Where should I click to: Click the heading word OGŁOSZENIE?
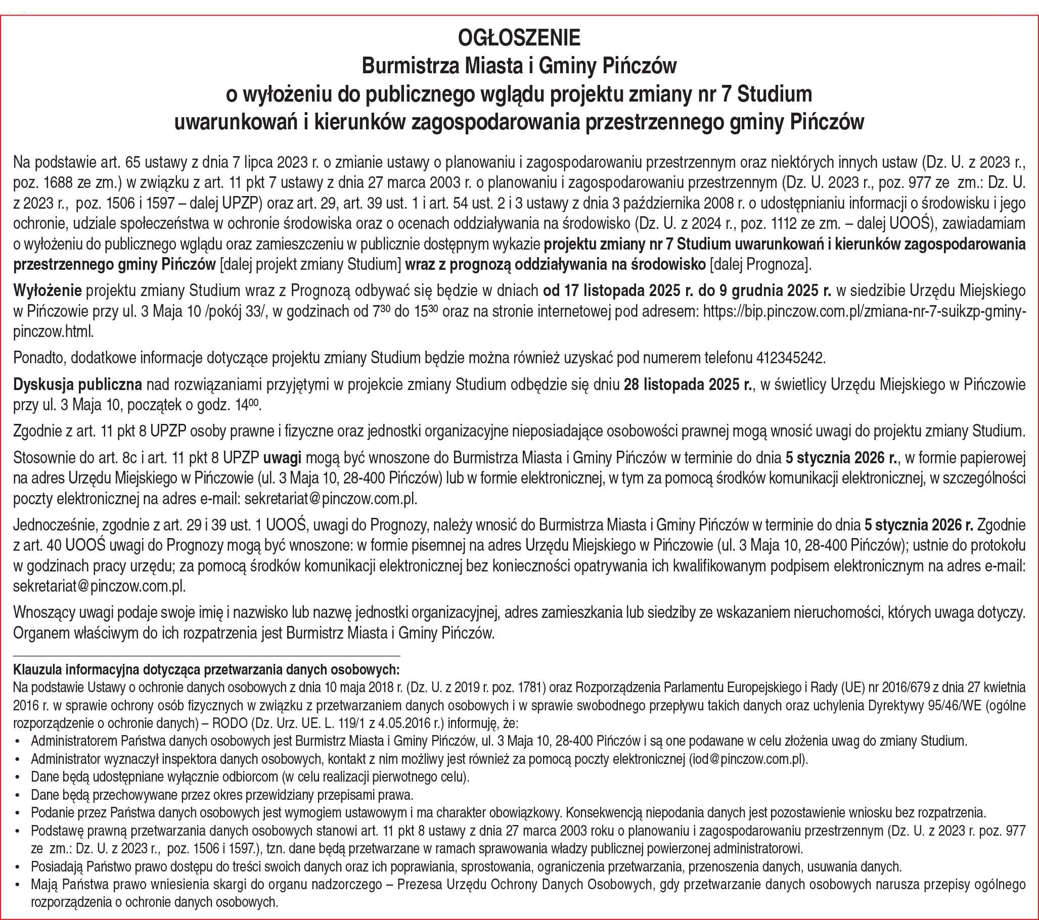pyautogui.click(x=519, y=38)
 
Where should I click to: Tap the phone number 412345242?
pyautogui.click(x=789, y=358)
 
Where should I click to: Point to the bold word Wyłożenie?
pyautogui.click(x=48, y=290)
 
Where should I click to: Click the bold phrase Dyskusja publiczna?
pyautogui.click(x=77, y=385)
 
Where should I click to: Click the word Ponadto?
pyautogui.click(x=39, y=358)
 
